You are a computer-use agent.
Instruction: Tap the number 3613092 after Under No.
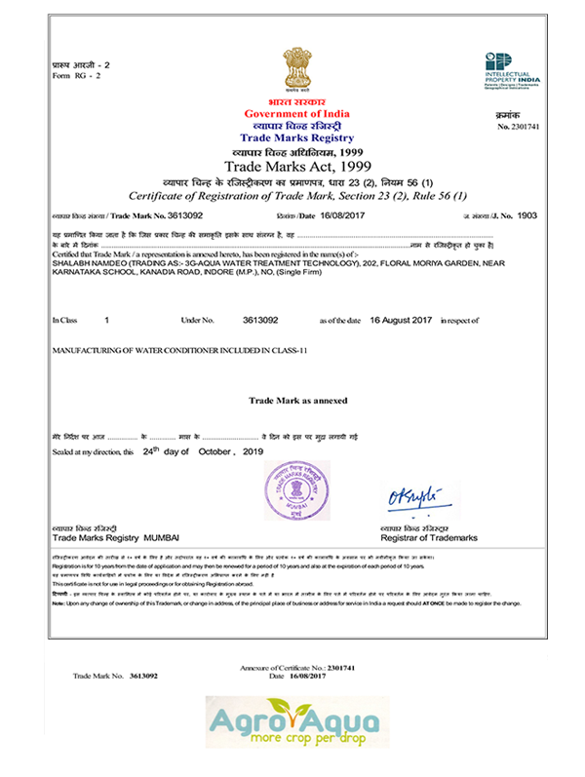(x=260, y=320)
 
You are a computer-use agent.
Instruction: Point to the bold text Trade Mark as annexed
(x=292, y=401)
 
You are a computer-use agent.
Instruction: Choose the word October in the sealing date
(x=218, y=452)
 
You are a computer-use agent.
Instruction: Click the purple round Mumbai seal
(x=295, y=491)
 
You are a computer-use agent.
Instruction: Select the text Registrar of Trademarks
(x=429, y=538)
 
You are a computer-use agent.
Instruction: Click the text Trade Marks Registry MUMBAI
(x=116, y=538)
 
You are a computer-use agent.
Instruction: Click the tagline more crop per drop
(x=298, y=745)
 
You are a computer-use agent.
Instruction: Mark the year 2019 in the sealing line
(x=253, y=452)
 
